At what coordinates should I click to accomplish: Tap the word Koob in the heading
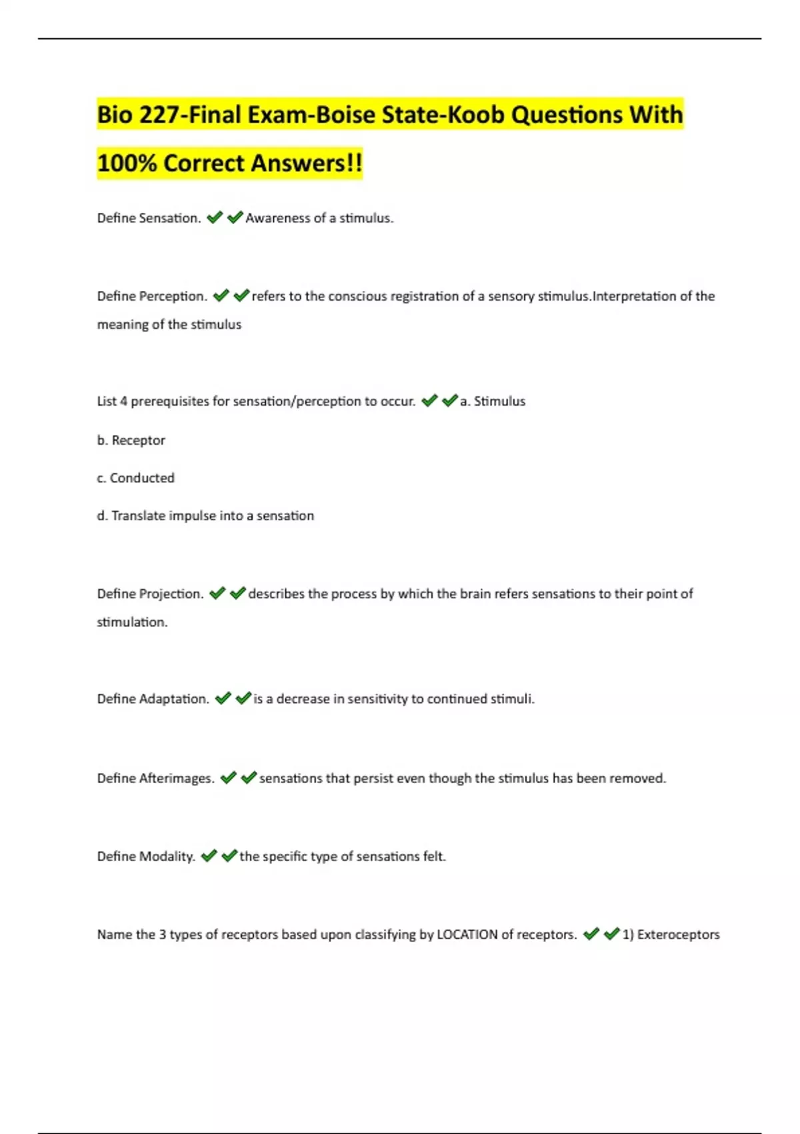pyautogui.click(x=475, y=115)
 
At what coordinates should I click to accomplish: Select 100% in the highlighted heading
pyautogui.click(x=127, y=163)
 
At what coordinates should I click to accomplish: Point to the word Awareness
pyautogui.click(x=277, y=218)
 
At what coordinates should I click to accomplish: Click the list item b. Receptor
pyautogui.click(x=131, y=440)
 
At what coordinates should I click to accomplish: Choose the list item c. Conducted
pyautogui.click(x=136, y=478)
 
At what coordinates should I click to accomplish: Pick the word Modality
pyautogui.click(x=167, y=857)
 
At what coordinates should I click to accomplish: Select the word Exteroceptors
pyautogui.click(x=678, y=935)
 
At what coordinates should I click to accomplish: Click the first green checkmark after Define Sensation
pyautogui.click(x=215, y=217)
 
